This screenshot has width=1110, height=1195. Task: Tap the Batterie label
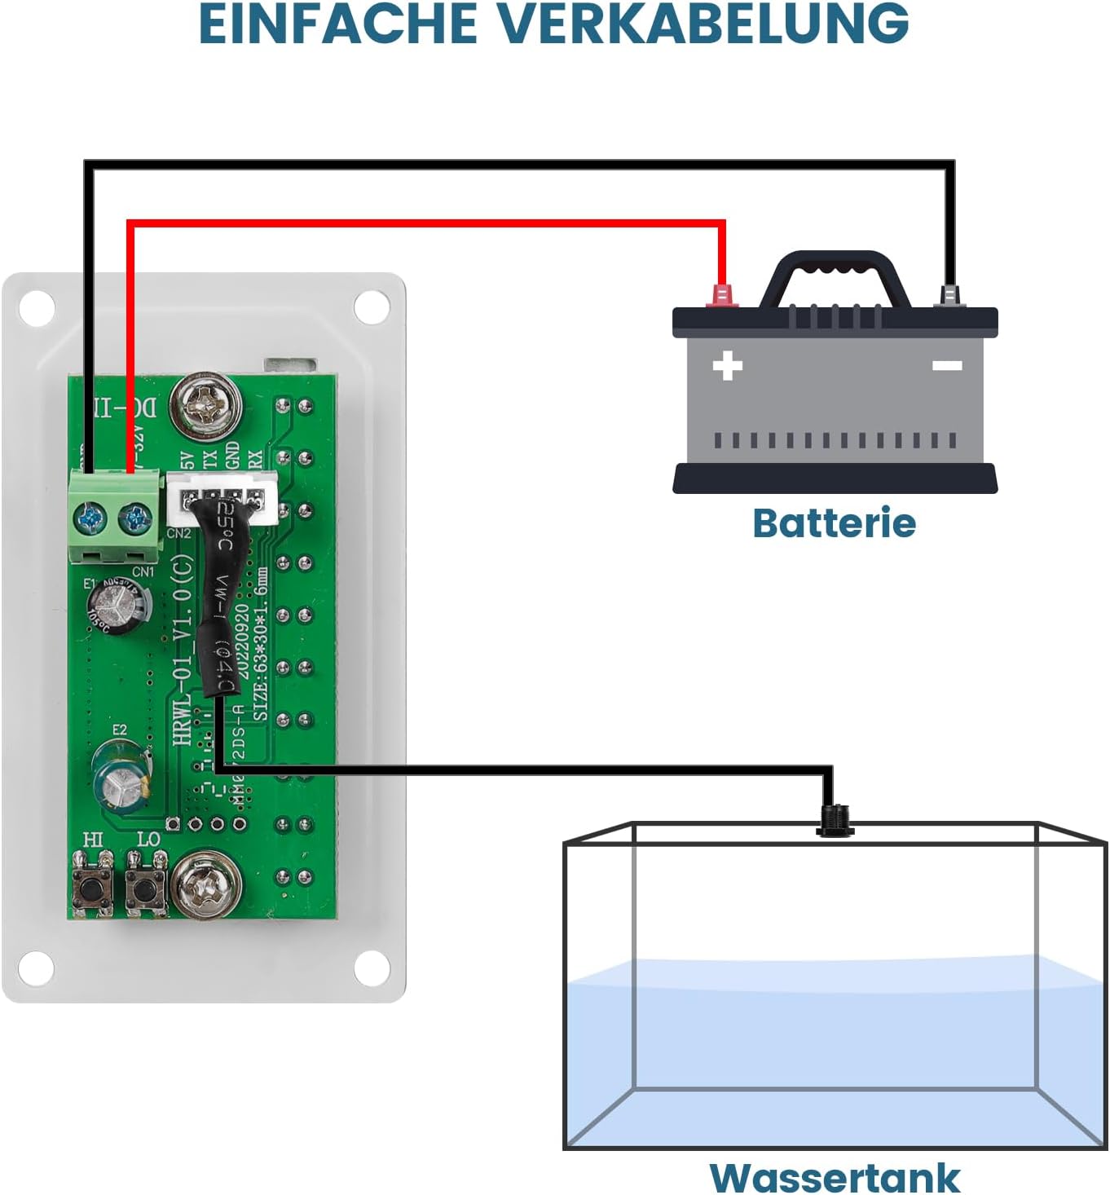click(x=834, y=523)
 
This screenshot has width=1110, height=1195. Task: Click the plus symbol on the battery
click(x=727, y=365)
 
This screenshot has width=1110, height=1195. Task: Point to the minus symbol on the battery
click(x=946, y=365)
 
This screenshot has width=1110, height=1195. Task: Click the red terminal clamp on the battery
click(x=721, y=295)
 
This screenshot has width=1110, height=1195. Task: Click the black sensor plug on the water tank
click(x=834, y=818)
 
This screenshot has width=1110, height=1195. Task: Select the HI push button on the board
click(x=93, y=886)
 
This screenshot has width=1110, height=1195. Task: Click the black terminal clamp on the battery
click(x=949, y=295)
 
